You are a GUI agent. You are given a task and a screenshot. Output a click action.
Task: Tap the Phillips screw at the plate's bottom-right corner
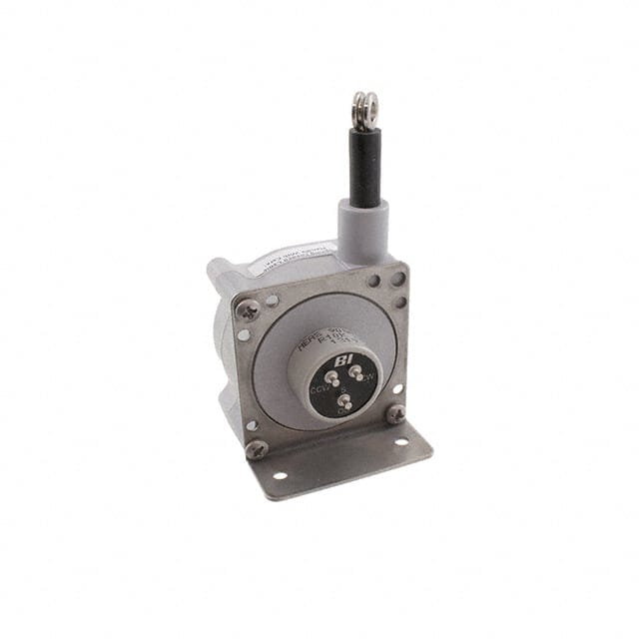point(396,412)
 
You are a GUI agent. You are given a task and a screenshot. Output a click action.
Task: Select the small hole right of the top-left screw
point(272,299)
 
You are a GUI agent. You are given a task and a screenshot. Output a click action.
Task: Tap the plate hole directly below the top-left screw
point(245,335)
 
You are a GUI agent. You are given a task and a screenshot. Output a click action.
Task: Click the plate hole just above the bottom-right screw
point(397,388)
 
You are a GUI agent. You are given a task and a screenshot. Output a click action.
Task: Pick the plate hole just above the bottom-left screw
point(253,425)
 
